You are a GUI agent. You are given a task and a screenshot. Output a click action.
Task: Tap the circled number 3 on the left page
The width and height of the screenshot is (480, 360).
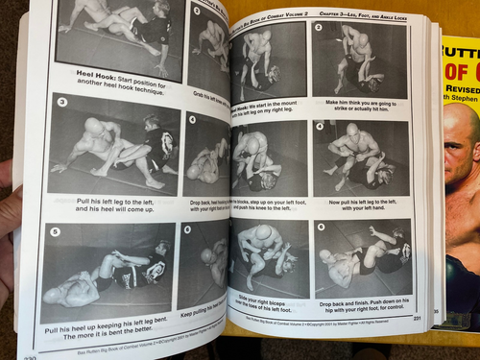pos(62,101)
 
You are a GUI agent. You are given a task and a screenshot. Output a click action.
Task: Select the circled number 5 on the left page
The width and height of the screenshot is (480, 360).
pos(55,231)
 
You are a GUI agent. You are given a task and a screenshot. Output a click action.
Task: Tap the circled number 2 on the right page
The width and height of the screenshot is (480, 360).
pos(319,28)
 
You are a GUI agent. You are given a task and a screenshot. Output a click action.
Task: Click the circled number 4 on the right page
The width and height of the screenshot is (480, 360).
pos(320,127)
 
